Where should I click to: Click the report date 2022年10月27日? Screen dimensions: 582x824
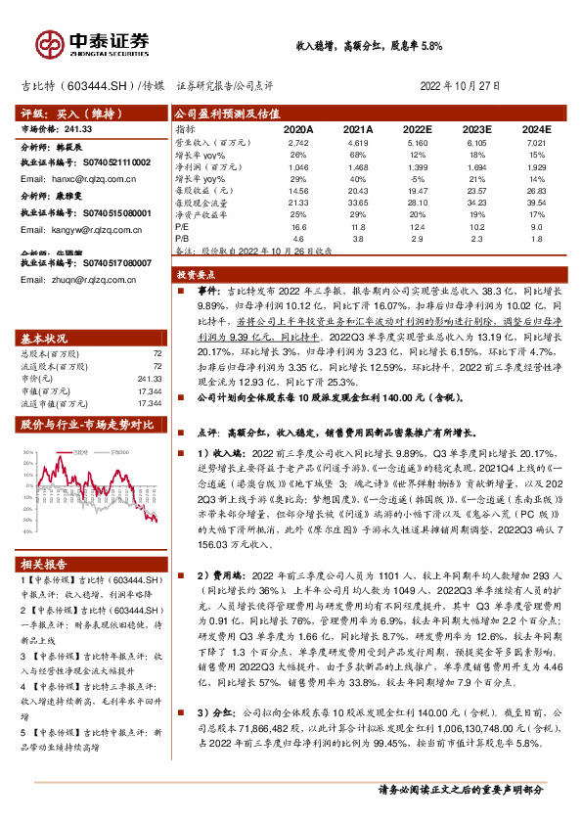coord(466,85)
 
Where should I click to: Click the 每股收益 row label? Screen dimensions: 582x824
coord(201,191)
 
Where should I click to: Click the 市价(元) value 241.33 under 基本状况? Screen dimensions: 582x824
coord(149,349)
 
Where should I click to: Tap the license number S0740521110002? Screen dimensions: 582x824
coord(113,161)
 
